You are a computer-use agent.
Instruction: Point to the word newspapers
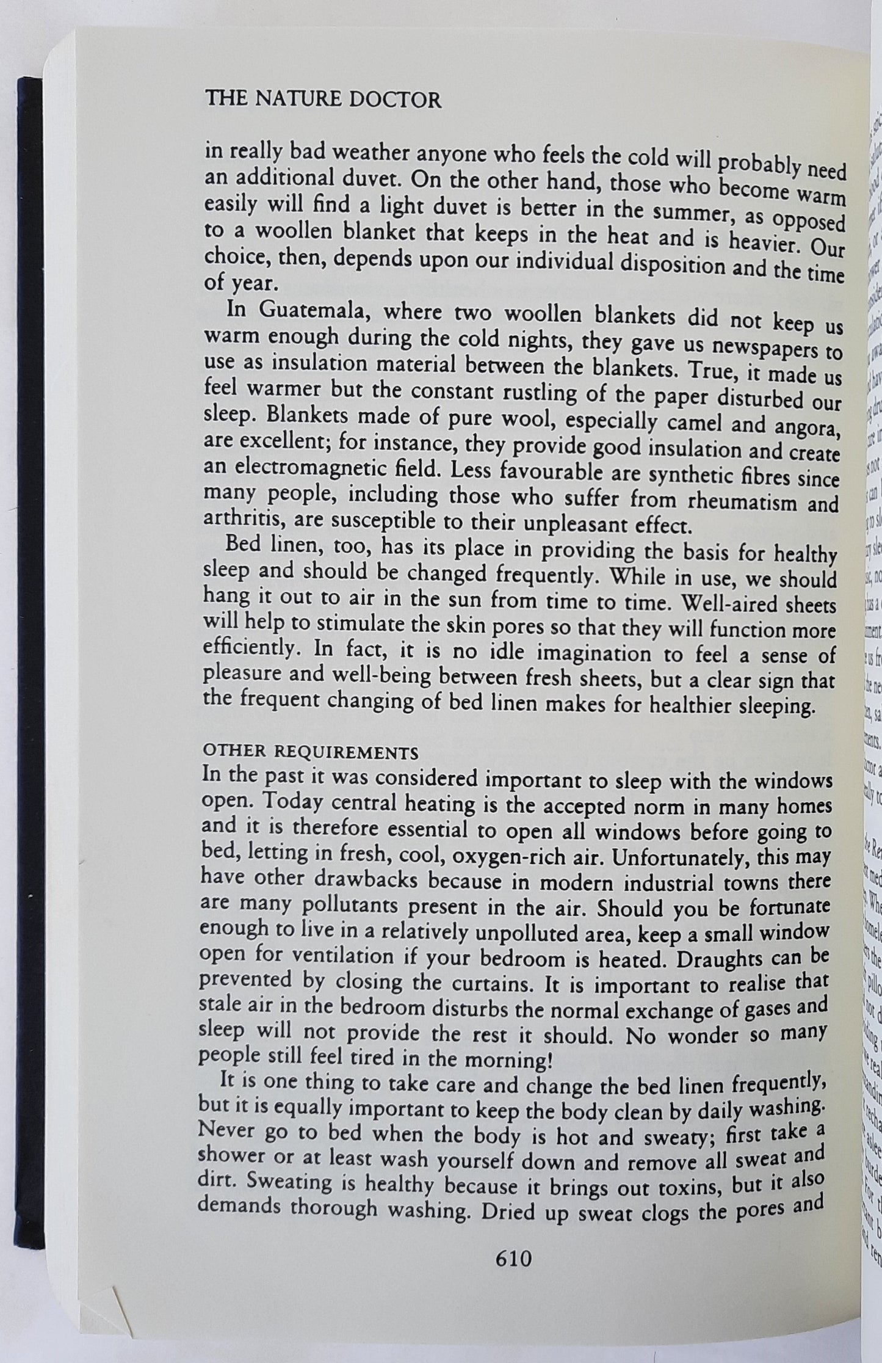(x=768, y=350)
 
